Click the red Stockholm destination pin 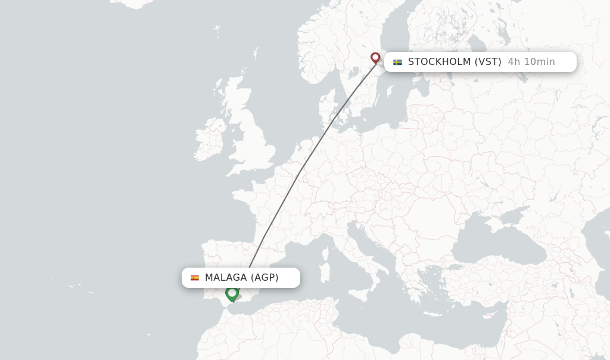375,58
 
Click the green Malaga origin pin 232,293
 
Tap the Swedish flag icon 397,62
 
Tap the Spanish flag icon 195,278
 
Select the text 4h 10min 531,62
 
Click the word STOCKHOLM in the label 439,62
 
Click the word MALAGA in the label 226,278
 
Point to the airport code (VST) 488,62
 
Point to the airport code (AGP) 264,278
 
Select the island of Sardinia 324,272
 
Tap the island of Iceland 134,3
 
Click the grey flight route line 298,176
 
